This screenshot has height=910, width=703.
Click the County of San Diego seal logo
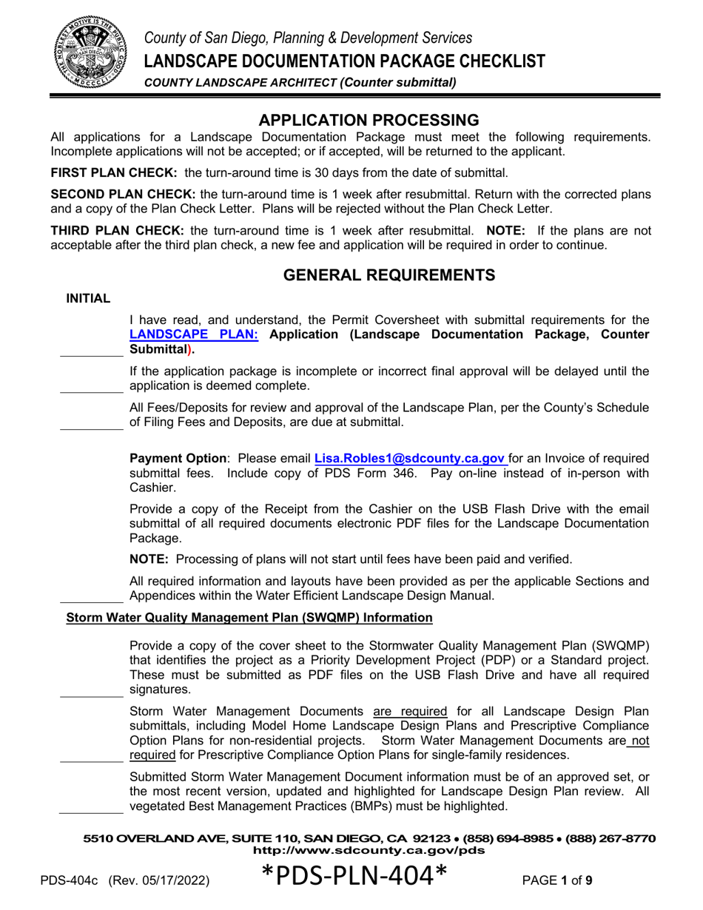(x=81, y=50)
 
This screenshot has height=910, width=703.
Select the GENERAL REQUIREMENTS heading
(x=390, y=275)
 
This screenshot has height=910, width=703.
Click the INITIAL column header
(x=89, y=299)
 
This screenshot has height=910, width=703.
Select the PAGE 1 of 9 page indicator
(x=557, y=880)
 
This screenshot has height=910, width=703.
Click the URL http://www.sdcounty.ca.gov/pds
(x=369, y=850)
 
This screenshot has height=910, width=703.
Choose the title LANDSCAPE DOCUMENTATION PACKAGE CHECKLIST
(x=345, y=61)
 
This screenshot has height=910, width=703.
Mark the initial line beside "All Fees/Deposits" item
(x=90, y=428)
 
